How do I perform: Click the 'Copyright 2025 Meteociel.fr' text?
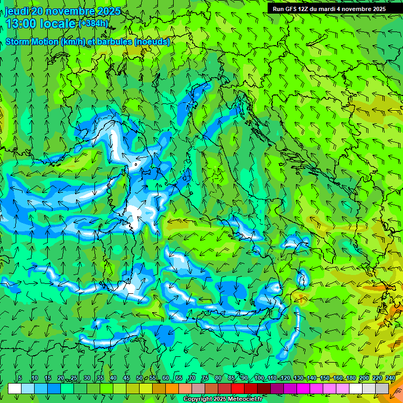222,399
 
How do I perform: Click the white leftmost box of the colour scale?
15,388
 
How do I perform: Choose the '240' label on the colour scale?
390,378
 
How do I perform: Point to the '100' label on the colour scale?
259,378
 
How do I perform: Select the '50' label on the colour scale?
140,378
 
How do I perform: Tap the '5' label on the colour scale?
20,378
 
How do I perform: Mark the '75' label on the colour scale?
205,378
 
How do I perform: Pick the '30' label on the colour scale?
87,378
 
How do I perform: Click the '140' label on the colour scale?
312,378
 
